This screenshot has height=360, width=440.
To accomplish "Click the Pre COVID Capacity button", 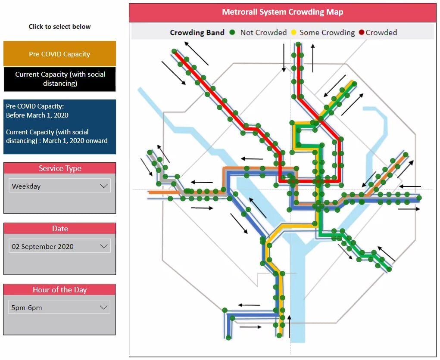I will click(59, 54).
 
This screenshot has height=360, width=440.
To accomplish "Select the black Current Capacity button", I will click(59, 79).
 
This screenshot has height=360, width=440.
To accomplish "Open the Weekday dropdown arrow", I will click(103, 186).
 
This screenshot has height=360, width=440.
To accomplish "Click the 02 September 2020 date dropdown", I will click(59, 246).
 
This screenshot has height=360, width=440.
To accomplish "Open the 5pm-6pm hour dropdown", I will click(59, 307).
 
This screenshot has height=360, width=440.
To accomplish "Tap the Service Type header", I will click(59, 168).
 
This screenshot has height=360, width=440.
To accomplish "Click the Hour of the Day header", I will click(59, 290).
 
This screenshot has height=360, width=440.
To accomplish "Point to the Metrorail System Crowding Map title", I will click(282, 12).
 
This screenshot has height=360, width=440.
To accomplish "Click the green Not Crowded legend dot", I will click(232, 32).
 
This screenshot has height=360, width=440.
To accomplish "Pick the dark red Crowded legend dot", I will click(361, 32).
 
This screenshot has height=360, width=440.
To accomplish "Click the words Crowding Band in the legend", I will click(197, 32).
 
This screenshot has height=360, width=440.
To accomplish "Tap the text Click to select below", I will click(59, 27).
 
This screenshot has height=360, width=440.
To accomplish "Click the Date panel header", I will click(59, 229).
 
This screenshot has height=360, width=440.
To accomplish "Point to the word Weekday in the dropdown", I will click(26, 186).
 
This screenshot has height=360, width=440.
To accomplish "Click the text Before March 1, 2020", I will click(37, 115).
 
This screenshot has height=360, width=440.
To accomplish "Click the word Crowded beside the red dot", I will click(381, 32).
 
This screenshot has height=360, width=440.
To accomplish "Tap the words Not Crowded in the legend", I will click(263, 32).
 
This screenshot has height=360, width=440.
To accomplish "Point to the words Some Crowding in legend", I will click(327, 32).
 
